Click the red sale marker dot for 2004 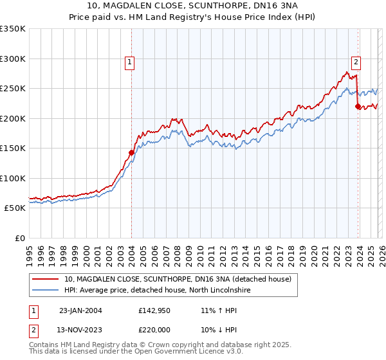click(x=131, y=152)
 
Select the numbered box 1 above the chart click(x=130, y=62)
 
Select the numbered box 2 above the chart click(x=356, y=62)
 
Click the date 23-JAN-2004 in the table click(x=80, y=310)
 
